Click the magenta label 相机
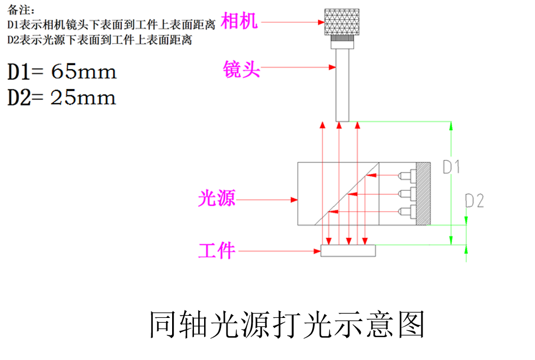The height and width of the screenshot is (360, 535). (239, 21)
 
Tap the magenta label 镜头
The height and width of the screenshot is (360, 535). (241, 69)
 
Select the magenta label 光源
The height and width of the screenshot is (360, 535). (216, 199)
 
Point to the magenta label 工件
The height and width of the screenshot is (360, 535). (217, 250)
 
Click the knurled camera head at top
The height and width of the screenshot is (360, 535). (342, 22)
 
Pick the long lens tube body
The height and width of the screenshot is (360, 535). (342, 85)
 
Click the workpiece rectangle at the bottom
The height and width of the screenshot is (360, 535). (348, 250)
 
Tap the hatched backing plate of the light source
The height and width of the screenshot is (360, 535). (423, 193)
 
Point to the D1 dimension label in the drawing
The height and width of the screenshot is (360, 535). (451, 167)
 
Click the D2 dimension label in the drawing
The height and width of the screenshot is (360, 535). (474, 201)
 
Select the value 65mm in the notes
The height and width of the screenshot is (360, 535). (84, 72)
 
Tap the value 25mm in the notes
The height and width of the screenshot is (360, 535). (83, 97)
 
